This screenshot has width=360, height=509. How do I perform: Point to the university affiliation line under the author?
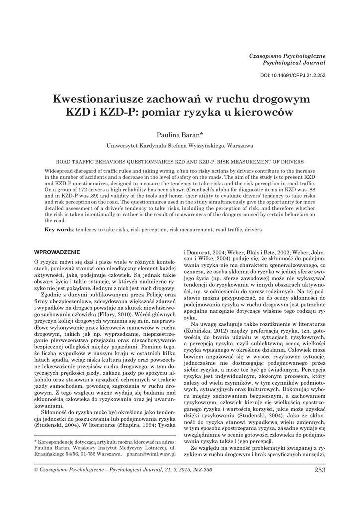(x=180, y=146)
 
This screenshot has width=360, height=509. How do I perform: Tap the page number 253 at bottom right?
(x=319, y=470)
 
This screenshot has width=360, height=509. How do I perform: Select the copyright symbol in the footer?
(x=35, y=470)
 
